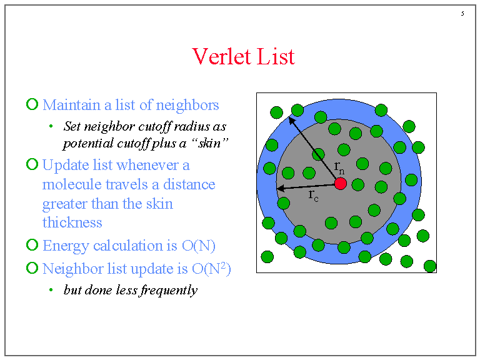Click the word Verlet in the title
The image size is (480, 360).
point(222,56)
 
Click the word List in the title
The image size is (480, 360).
point(276,56)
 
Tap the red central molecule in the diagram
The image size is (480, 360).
point(341,184)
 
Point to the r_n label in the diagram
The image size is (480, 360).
point(339,167)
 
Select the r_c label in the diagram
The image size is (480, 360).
point(314,195)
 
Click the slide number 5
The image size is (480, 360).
point(462,14)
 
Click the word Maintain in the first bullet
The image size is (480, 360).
point(71,105)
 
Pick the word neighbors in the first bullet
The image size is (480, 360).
point(187,106)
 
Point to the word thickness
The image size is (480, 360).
point(72,222)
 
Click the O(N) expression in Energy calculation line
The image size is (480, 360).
point(199,246)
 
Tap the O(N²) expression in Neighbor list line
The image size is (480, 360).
point(211,269)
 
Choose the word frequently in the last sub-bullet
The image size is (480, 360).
point(169,290)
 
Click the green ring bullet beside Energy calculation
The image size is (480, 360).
point(32,245)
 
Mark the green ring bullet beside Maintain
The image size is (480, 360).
point(32,104)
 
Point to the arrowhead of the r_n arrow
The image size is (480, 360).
point(292,120)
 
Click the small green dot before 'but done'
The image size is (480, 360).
point(51,289)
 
